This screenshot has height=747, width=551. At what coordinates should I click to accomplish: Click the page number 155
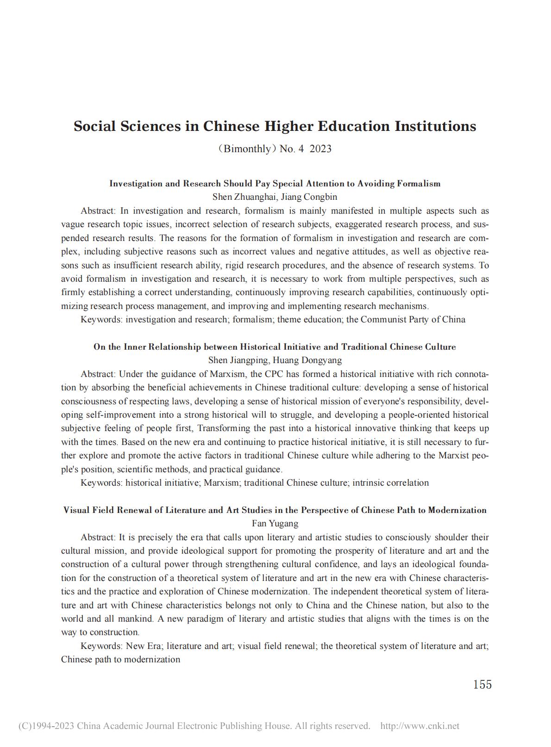[482, 685]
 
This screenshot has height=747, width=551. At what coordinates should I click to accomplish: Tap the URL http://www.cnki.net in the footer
[420, 726]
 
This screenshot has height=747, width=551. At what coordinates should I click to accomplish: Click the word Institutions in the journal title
[435, 126]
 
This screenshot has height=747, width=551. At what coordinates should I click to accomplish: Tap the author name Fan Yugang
[275, 523]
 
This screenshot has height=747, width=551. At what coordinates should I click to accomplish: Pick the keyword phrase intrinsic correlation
[390, 482]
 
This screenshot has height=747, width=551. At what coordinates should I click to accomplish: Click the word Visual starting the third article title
[75, 510]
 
